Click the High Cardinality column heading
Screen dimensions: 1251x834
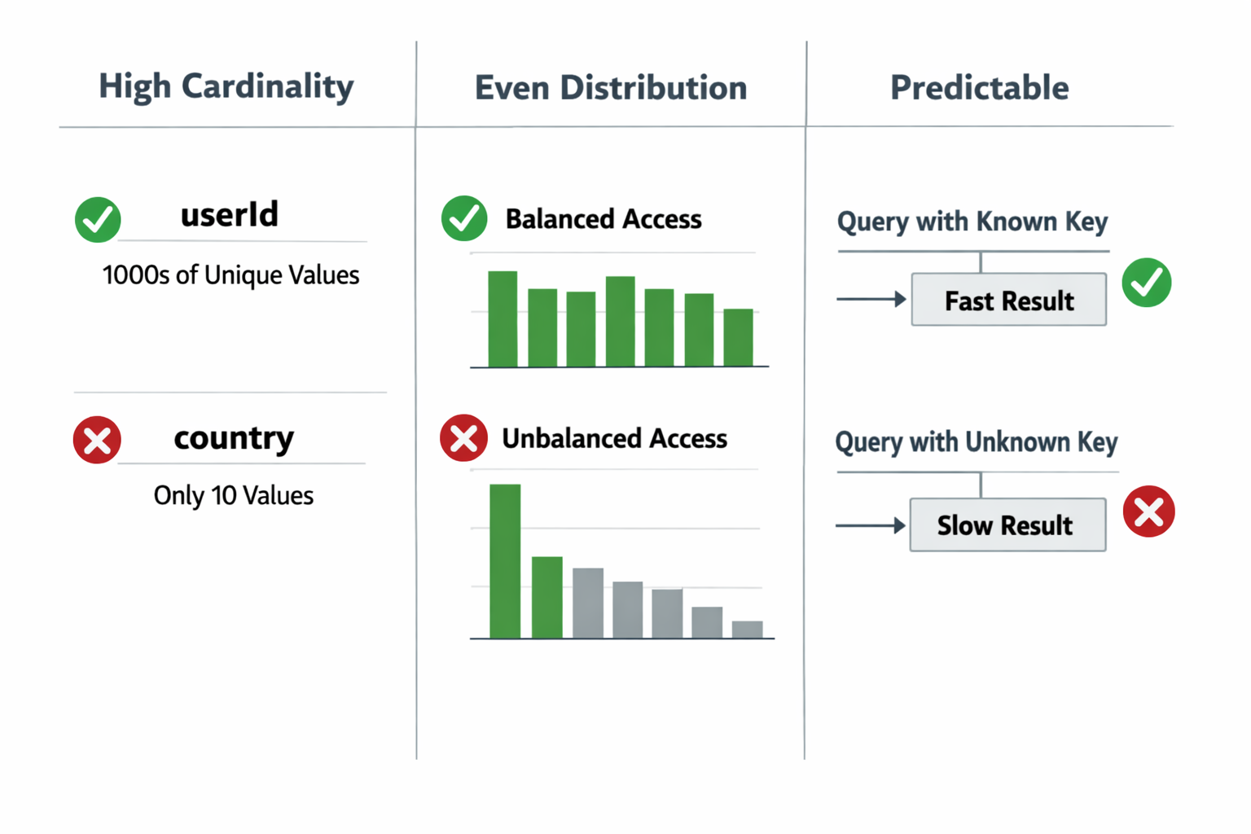click(x=226, y=86)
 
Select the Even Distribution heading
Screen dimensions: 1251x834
click(x=611, y=88)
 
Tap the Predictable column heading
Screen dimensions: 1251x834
click(x=980, y=88)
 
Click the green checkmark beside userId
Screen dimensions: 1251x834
click(x=98, y=220)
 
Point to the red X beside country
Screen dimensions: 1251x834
click(x=97, y=440)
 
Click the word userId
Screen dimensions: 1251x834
click(x=230, y=214)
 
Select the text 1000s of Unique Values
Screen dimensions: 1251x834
click(x=230, y=274)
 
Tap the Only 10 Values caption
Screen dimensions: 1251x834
click(x=234, y=495)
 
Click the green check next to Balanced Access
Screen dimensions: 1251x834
click(x=464, y=218)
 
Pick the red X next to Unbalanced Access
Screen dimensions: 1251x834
click(x=463, y=438)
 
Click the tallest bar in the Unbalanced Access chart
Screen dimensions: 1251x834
click(x=505, y=561)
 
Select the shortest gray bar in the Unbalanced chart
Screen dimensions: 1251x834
click(x=747, y=630)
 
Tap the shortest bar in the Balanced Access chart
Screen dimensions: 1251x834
click(x=739, y=337)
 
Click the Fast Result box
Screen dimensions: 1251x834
click(x=1008, y=300)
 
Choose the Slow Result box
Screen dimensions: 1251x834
click(x=1007, y=525)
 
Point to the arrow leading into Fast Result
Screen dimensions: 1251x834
click(x=871, y=299)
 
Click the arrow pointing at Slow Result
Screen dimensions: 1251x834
click(x=870, y=525)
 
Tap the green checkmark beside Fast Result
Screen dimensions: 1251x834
click(x=1147, y=283)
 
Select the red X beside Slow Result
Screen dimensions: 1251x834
click(x=1149, y=511)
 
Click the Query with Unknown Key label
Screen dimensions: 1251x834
click(x=977, y=442)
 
